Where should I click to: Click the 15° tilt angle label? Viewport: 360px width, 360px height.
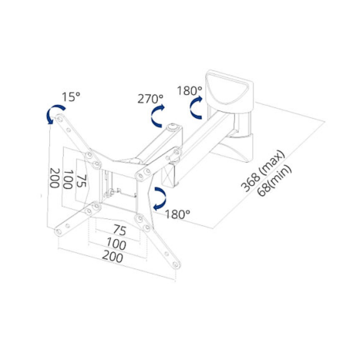71,97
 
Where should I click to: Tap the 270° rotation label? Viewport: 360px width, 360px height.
150,99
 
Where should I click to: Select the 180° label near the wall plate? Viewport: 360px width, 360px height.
190,90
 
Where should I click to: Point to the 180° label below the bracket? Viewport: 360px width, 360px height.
177,214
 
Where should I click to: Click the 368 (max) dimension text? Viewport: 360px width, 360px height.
263,171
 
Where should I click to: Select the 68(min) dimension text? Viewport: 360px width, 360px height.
275,180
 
